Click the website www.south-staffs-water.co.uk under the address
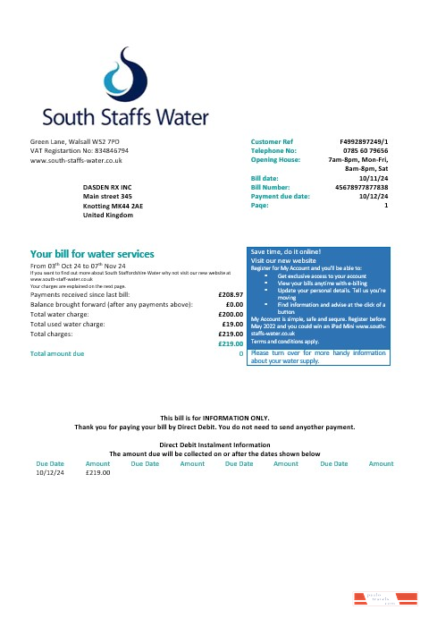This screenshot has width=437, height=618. point(76,160)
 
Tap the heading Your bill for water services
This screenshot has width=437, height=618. point(92,254)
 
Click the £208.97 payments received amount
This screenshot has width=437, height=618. point(231,293)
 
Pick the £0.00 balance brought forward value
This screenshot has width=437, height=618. point(235,303)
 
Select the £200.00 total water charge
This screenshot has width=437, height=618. point(232,314)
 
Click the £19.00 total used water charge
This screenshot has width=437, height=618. point(234,324)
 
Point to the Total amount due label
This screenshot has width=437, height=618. point(57,354)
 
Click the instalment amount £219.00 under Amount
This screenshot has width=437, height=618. point(97,472)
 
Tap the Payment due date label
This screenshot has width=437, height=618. point(280,196)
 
